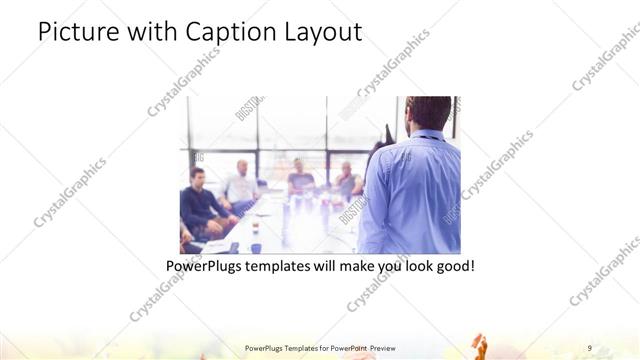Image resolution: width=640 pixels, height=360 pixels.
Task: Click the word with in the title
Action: [157, 32]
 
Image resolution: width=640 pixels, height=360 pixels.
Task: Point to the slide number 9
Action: [590, 346]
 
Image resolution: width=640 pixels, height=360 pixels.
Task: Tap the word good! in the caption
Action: [451, 267]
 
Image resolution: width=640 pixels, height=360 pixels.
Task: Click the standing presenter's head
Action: [427, 113]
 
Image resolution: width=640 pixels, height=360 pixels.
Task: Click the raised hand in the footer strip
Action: [480, 346]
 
